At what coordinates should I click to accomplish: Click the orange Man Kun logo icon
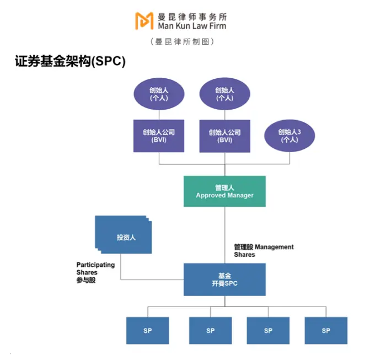pos(144,20)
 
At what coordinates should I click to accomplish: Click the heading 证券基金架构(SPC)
pos(71,62)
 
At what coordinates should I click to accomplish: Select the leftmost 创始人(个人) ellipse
pos(159,94)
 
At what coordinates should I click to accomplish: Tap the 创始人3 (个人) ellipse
pos(289,136)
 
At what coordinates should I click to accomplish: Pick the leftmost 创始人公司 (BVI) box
pos(159,136)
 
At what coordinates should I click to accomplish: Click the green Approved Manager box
pos(224,191)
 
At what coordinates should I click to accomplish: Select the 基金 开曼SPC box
pos(224,280)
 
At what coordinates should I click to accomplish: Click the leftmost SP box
pos(147,330)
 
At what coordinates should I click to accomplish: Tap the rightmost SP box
pos(326,330)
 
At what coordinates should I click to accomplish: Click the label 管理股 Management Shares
pos(264,251)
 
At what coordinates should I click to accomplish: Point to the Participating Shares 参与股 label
pos(95,272)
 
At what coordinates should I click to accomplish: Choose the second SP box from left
pos(210,330)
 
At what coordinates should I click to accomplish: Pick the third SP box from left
pos(268,330)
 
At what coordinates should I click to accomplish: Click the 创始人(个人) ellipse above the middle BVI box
pos(224,94)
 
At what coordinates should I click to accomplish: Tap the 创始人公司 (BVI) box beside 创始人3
pos(224,136)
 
